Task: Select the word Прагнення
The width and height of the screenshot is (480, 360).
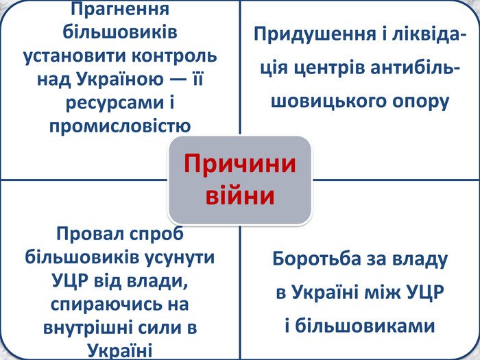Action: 120,10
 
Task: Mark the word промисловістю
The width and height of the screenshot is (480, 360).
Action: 120,126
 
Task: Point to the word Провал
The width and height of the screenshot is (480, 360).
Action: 91,234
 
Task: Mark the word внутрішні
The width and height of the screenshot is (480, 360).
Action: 88,328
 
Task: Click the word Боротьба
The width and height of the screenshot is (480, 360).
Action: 317,259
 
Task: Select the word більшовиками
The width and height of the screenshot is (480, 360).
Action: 365,326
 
